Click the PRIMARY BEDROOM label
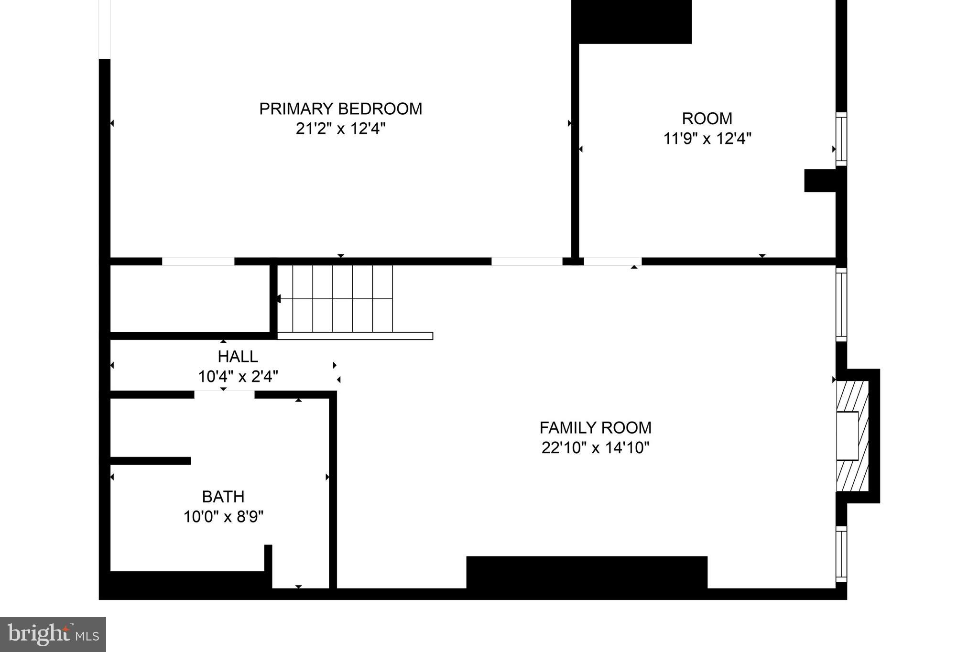tap(340, 109)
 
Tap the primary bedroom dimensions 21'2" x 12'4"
tap(340, 129)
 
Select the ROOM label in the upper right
tap(707, 119)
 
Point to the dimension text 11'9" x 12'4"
tap(707, 139)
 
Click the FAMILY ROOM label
tap(595, 427)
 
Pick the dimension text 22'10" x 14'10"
tap(595, 448)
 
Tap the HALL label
tap(238, 357)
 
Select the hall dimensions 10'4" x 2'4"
tap(238, 377)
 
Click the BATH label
tap(223, 497)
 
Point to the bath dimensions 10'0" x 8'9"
tap(223, 517)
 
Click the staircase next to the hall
tap(342, 298)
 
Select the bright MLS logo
tap(53, 634)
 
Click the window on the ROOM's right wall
tap(841, 139)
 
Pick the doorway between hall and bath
tap(224, 394)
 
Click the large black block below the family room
tap(587, 572)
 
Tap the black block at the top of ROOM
tap(631, 22)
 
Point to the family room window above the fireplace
tap(841, 304)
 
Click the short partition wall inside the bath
tap(151, 461)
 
